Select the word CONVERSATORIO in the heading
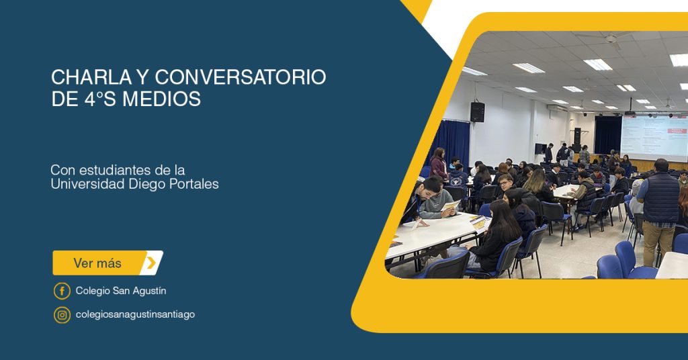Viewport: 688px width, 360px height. click(x=241, y=77)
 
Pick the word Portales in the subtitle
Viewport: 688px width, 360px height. click(x=196, y=184)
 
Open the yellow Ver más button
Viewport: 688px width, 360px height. click(x=108, y=263)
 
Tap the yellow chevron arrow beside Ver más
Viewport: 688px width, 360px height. click(x=151, y=263)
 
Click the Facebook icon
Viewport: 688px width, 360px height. click(x=62, y=291)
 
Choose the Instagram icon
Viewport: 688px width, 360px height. click(x=62, y=315)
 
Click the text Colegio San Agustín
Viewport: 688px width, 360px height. click(x=121, y=291)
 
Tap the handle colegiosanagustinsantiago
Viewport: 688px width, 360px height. click(x=135, y=314)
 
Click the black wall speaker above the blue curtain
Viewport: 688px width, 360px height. click(x=478, y=112)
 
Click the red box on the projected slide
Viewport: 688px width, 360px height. click(x=677, y=131)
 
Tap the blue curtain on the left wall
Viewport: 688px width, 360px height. click(x=448, y=143)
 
